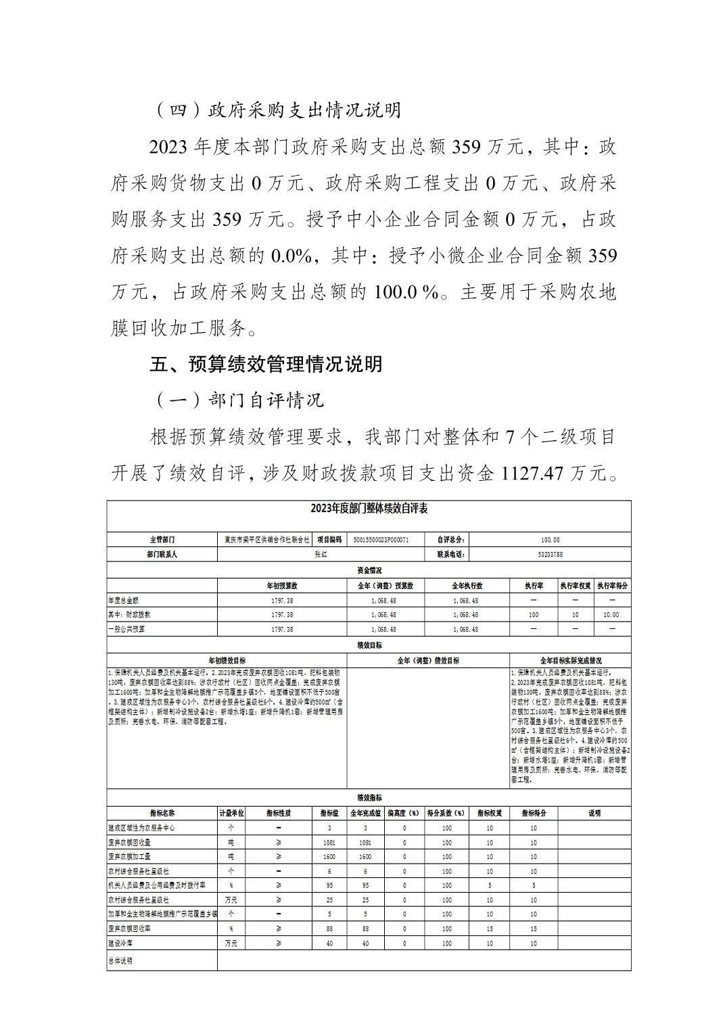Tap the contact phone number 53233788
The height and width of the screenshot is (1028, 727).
(550, 555)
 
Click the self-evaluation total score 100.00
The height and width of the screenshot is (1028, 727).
(550, 540)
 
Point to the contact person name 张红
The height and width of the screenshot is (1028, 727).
(321, 555)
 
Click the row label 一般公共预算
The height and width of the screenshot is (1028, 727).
(126, 629)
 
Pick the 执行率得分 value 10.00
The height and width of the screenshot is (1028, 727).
(611, 615)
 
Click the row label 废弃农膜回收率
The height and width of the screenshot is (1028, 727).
(129, 929)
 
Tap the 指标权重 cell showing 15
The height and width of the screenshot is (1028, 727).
(490, 929)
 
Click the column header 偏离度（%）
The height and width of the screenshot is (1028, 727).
(404, 813)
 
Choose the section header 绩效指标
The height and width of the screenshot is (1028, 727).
(369, 798)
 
